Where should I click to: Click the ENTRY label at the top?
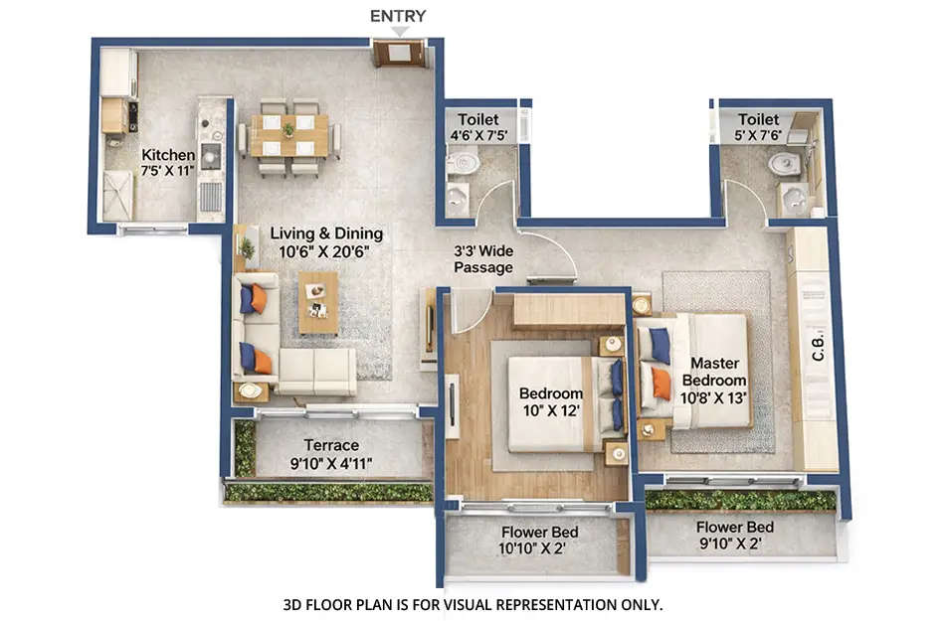coord(398,16)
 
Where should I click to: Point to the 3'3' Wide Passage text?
coord(483,259)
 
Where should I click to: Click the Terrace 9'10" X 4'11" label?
coord(331,454)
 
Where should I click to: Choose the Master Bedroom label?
coord(714,372)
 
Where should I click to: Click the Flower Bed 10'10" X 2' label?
coord(540,540)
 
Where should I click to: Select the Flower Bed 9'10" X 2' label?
coord(734,536)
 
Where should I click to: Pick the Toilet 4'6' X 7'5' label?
coord(477,127)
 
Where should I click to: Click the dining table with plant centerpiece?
coord(288,134)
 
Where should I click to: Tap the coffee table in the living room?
coord(318,300)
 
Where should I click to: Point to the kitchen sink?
coord(210,155)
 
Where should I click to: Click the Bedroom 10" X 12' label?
coord(551,401)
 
